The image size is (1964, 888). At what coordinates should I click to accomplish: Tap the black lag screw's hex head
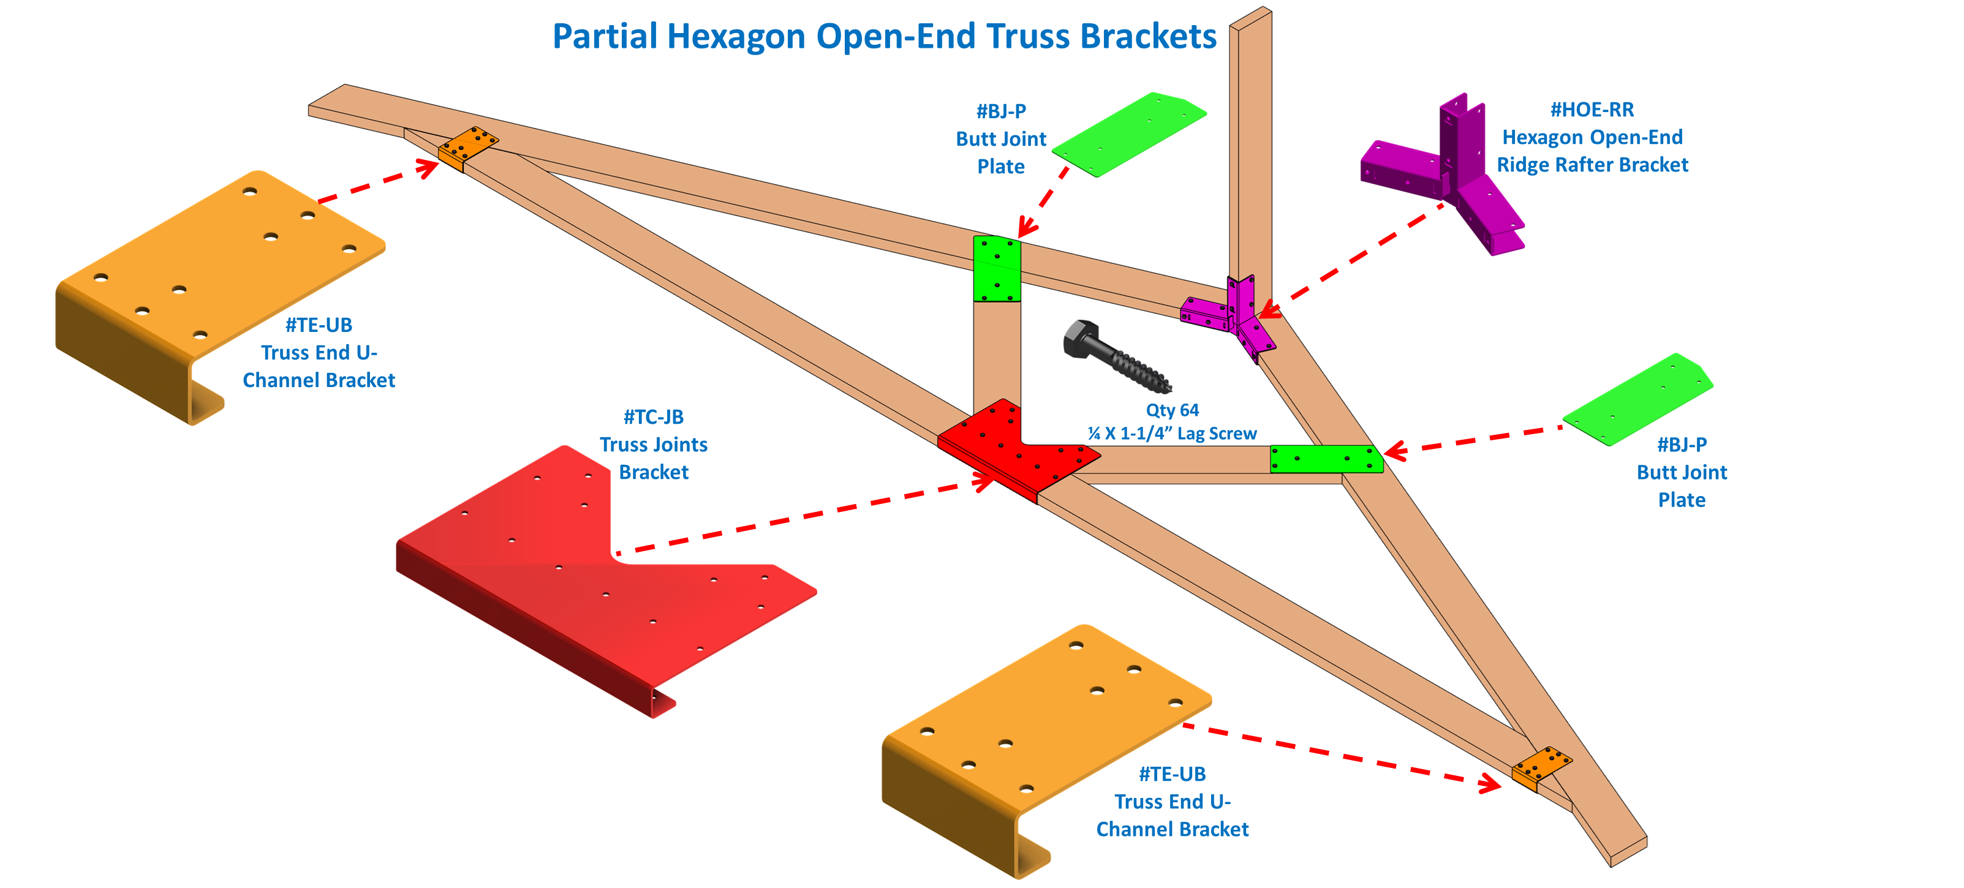coord(1081,339)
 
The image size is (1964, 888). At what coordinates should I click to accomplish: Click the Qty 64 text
coord(1172,410)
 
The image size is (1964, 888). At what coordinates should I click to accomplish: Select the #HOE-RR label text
coord(1592,110)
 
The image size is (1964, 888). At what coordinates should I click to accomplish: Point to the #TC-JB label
coord(654,417)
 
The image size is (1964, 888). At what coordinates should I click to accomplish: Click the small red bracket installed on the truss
coord(1014,450)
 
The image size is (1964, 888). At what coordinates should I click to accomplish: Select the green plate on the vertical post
coord(997,269)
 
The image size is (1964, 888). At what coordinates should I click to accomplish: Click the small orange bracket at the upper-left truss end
coord(469,148)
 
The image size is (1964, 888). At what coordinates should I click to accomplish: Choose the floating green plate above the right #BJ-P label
coord(1637,398)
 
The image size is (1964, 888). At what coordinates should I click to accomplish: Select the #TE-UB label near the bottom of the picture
coord(1172,775)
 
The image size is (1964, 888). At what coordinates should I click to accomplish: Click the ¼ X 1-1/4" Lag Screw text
coord(1172,434)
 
